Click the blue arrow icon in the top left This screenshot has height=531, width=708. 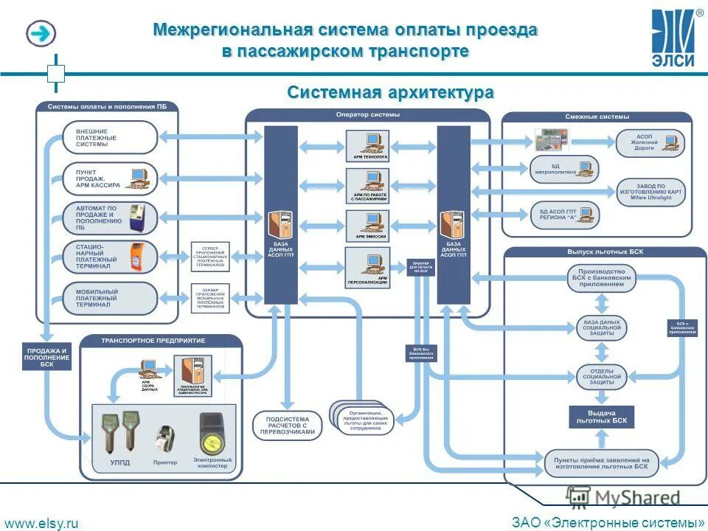point(42,33)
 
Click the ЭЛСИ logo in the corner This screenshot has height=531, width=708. point(673,38)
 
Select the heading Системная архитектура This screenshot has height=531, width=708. point(390,93)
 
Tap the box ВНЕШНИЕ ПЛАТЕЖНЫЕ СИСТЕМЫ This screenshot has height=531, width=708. point(109,137)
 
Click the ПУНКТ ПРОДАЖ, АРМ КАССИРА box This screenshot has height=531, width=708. point(109,178)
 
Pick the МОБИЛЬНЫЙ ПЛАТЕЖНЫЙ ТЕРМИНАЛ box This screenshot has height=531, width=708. point(109,298)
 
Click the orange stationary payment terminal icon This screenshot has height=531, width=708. point(136,256)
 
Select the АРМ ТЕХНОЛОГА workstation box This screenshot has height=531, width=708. point(367,145)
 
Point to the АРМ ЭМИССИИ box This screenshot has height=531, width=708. point(367,225)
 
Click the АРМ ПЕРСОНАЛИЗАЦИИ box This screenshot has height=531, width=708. point(367,267)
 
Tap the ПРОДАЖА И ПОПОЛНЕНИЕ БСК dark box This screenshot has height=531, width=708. point(47,357)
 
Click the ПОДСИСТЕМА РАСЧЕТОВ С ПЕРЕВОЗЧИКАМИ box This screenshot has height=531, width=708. point(288,426)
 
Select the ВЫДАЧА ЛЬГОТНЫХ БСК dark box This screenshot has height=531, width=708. point(601,417)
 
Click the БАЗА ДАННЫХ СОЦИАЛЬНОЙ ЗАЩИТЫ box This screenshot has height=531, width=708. point(601,328)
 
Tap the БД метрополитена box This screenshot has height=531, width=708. point(564,170)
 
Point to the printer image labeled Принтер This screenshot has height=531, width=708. point(165,440)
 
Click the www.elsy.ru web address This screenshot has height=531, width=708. point(41,522)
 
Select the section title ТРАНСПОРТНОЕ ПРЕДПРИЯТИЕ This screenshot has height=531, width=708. point(153,341)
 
